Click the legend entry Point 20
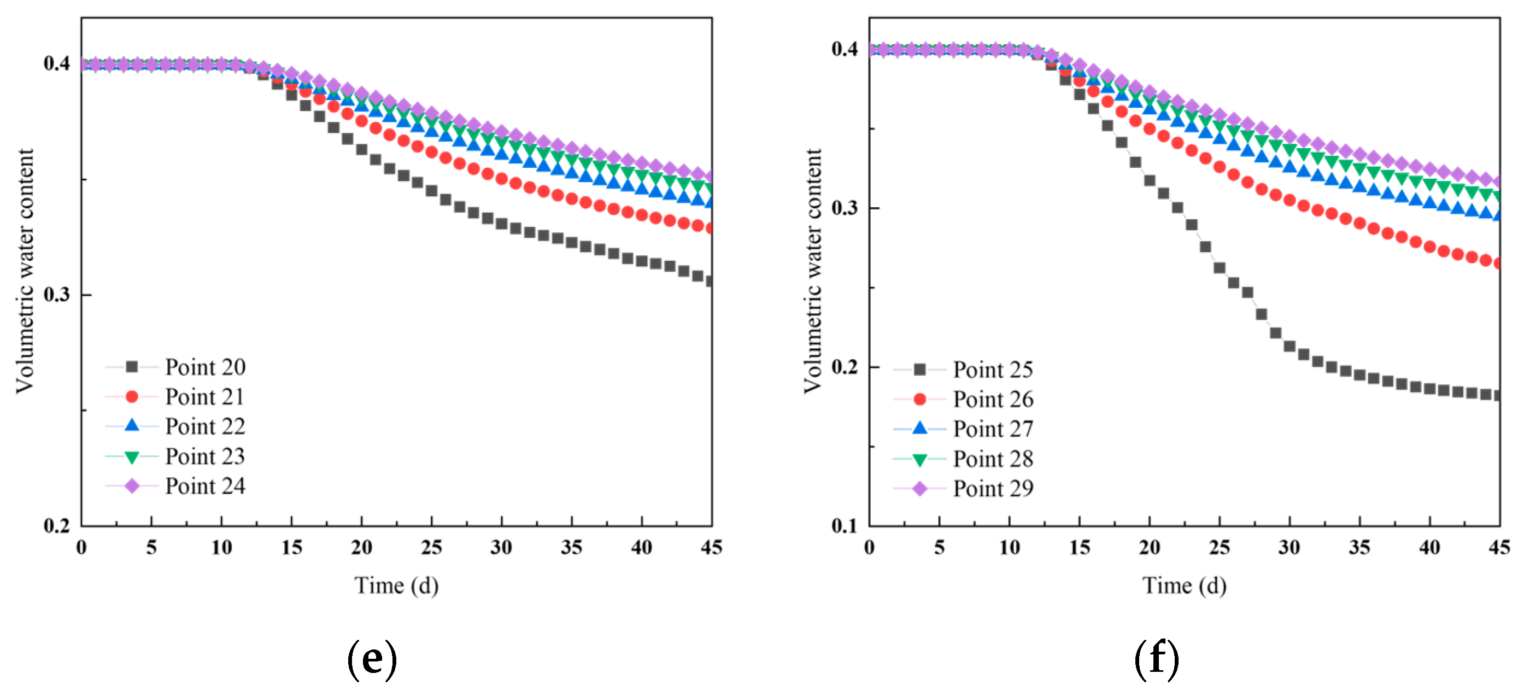pyautogui.click(x=204, y=367)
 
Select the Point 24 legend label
pyautogui.click(x=204, y=486)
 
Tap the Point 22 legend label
pyautogui.click(x=204, y=426)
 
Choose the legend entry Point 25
pyautogui.click(x=993, y=370)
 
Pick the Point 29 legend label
pyautogui.click(x=993, y=488)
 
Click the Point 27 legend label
pyautogui.click(x=993, y=429)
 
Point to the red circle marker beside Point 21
pyautogui.click(x=132, y=397)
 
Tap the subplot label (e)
pyautogui.click(x=372, y=659)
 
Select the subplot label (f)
pyautogui.click(x=1156, y=659)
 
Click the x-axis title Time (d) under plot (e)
pyautogui.click(x=396, y=585)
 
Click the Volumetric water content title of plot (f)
pyautogui.click(x=813, y=271)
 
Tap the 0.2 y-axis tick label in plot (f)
pyautogui.click(x=845, y=366)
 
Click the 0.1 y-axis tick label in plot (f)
pyautogui.click(x=845, y=525)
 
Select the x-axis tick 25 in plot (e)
pyautogui.click(x=431, y=547)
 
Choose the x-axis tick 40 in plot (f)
pyautogui.click(x=1429, y=547)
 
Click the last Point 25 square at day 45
pyautogui.click(x=1497, y=396)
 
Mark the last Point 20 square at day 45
pyautogui.click(x=710, y=282)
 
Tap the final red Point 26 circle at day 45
pyautogui.click(x=1497, y=263)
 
